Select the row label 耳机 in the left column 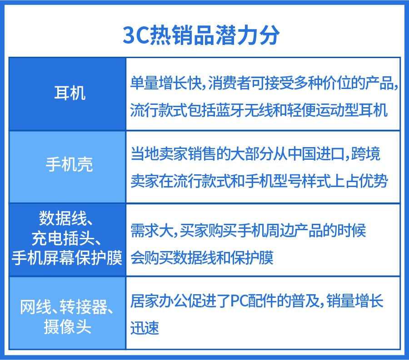pos(69,94)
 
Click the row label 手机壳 pos(69,164)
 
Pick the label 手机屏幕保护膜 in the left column pos(67,258)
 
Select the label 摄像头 pos(67,327)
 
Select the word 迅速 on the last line pos(145,328)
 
